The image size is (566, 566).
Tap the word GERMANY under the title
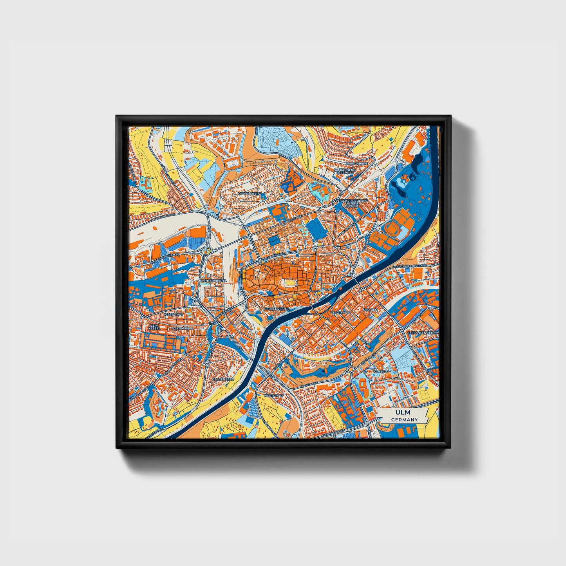pyautogui.click(x=404, y=420)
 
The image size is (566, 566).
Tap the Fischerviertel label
pyautogui.click(x=277, y=309)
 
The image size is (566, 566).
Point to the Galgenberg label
pyautogui.click(x=222, y=379)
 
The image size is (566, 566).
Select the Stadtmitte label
pyautogui.click(x=340, y=313)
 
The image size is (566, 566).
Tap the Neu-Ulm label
pyautogui.click(x=370, y=310)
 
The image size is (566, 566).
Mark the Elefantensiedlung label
pyautogui.click(x=423, y=333)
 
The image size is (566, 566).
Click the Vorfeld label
pyautogui.click(x=381, y=371)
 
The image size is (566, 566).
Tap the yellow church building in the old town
pyautogui.click(x=289, y=283)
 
